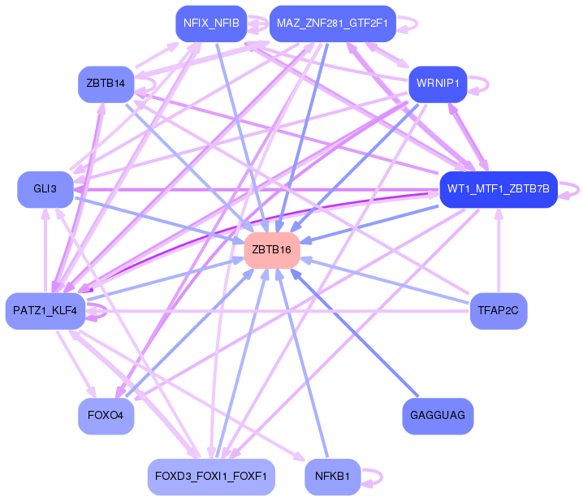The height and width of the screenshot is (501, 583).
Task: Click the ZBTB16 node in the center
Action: click(272, 249)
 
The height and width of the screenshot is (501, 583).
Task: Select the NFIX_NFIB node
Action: click(211, 24)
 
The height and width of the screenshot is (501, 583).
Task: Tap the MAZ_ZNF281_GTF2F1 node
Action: click(331, 24)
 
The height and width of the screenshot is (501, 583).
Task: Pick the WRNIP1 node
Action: click(438, 84)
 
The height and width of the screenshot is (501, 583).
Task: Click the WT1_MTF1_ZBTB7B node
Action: click(498, 189)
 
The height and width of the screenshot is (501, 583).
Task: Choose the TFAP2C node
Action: click(499, 311)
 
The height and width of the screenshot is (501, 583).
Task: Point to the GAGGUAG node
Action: click(438, 416)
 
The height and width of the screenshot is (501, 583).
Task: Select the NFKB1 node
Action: click(332, 477)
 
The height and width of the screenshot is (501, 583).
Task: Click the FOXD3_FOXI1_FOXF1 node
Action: click(211, 477)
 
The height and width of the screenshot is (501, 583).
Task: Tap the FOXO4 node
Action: click(106, 416)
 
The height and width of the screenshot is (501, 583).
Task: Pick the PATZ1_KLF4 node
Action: click(45, 311)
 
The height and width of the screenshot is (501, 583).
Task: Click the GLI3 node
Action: click(45, 189)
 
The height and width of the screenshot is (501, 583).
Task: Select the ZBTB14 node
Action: click(106, 84)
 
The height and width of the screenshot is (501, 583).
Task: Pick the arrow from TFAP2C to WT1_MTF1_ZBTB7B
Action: click(499, 252)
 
